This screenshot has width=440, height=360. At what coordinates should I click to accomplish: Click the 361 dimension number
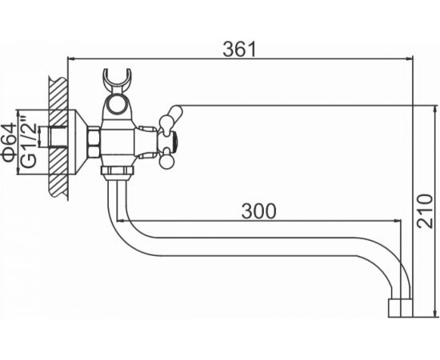[x=239, y=49]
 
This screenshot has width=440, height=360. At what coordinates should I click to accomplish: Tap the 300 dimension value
[x=258, y=211]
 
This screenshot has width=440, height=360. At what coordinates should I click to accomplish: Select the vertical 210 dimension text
[x=425, y=211]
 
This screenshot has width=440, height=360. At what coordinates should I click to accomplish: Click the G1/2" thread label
[x=29, y=142]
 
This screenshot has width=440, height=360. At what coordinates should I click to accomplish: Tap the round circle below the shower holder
[x=117, y=103]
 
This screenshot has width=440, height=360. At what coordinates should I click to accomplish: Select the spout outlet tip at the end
[x=401, y=308]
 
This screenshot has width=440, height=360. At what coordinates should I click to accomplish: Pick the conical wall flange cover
[x=78, y=142]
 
